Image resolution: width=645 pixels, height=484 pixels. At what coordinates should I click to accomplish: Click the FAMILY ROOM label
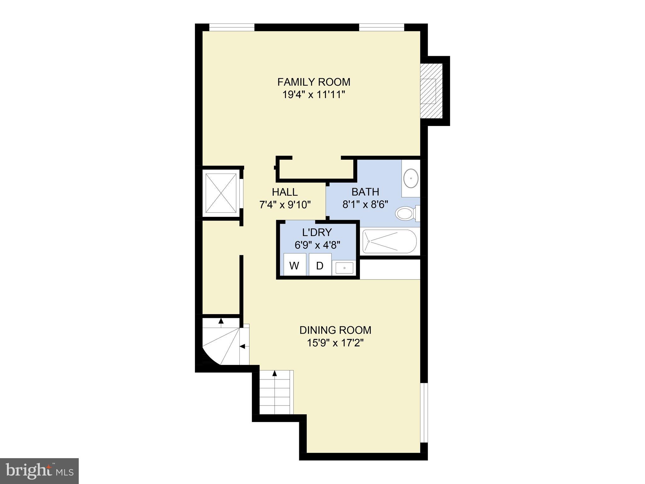(314, 82)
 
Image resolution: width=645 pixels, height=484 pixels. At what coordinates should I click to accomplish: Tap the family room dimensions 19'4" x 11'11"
(314, 95)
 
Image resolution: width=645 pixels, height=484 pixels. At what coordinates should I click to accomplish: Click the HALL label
(285, 192)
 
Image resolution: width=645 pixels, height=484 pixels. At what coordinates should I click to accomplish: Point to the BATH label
(365, 192)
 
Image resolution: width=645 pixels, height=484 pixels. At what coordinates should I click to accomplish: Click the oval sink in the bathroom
(411, 178)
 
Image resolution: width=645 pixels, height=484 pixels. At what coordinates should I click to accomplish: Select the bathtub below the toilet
(390, 241)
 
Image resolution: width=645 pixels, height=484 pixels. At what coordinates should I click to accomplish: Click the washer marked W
(294, 266)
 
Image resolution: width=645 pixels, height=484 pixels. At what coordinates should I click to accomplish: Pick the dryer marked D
(320, 266)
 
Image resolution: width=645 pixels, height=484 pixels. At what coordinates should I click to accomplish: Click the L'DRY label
(317, 232)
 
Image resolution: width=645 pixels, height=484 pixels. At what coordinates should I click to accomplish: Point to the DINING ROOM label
(335, 330)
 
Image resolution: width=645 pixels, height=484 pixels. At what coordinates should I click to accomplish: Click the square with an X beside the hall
(221, 193)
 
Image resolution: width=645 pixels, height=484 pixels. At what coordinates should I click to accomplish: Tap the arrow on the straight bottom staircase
(275, 373)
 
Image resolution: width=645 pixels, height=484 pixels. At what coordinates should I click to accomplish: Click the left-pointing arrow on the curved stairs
(243, 346)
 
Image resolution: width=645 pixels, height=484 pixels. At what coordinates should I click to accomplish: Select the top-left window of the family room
(231, 28)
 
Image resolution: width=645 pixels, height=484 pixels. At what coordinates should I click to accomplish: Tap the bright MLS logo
(39, 471)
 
